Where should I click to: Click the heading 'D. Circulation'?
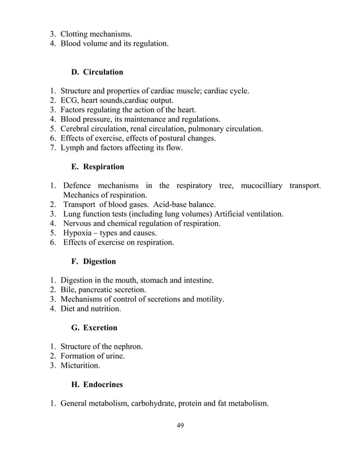[x=97, y=72]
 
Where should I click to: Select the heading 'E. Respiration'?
[x=98, y=167]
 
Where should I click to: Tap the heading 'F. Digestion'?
[x=94, y=261]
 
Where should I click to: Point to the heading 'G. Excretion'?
[x=94, y=327]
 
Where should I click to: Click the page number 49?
[x=180, y=441]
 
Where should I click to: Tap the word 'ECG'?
[x=70, y=100]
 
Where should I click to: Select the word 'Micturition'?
[x=81, y=366]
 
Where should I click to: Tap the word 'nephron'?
[x=128, y=346]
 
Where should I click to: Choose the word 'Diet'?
[x=69, y=309]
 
